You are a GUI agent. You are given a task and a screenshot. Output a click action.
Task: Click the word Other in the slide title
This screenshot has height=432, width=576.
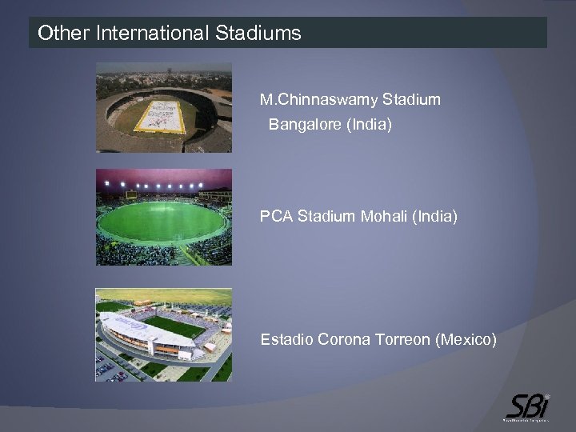(x=64, y=34)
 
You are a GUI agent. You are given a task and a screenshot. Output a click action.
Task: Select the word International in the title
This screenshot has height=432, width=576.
(x=152, y=34)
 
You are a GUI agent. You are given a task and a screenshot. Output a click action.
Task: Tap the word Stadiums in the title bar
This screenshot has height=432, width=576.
(x=258, y=34)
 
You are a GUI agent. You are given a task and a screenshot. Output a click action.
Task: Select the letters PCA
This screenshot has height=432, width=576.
(x=276, y=216)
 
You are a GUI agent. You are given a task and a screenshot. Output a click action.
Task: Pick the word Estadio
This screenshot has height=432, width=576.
(x=286, y=340)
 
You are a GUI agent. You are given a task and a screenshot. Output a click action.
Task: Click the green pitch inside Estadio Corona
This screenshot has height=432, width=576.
(x=172, y=326)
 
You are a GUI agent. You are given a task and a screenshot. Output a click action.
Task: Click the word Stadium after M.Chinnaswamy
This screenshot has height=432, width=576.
(x=411, y=100)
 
